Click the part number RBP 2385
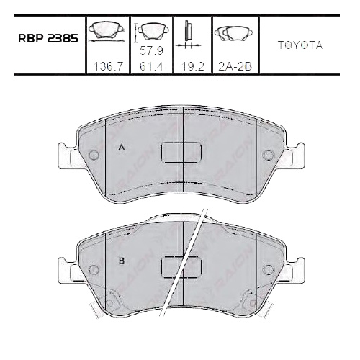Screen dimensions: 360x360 (x=48, y=38)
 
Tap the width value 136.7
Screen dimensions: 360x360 (x=108, y=66)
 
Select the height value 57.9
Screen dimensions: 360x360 (x=151, y=50)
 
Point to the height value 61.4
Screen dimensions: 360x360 (x=151, y=66)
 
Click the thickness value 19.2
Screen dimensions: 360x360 (x=193, y=66)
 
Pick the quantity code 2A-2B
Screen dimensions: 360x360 (x=235, y=66)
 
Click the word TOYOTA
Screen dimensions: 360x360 (x=300, y=45)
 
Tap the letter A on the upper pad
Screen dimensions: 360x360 (x=122, y=148)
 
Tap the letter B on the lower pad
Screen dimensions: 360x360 (x=122, y=261)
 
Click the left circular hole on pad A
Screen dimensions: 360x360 (x=94, y=155)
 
